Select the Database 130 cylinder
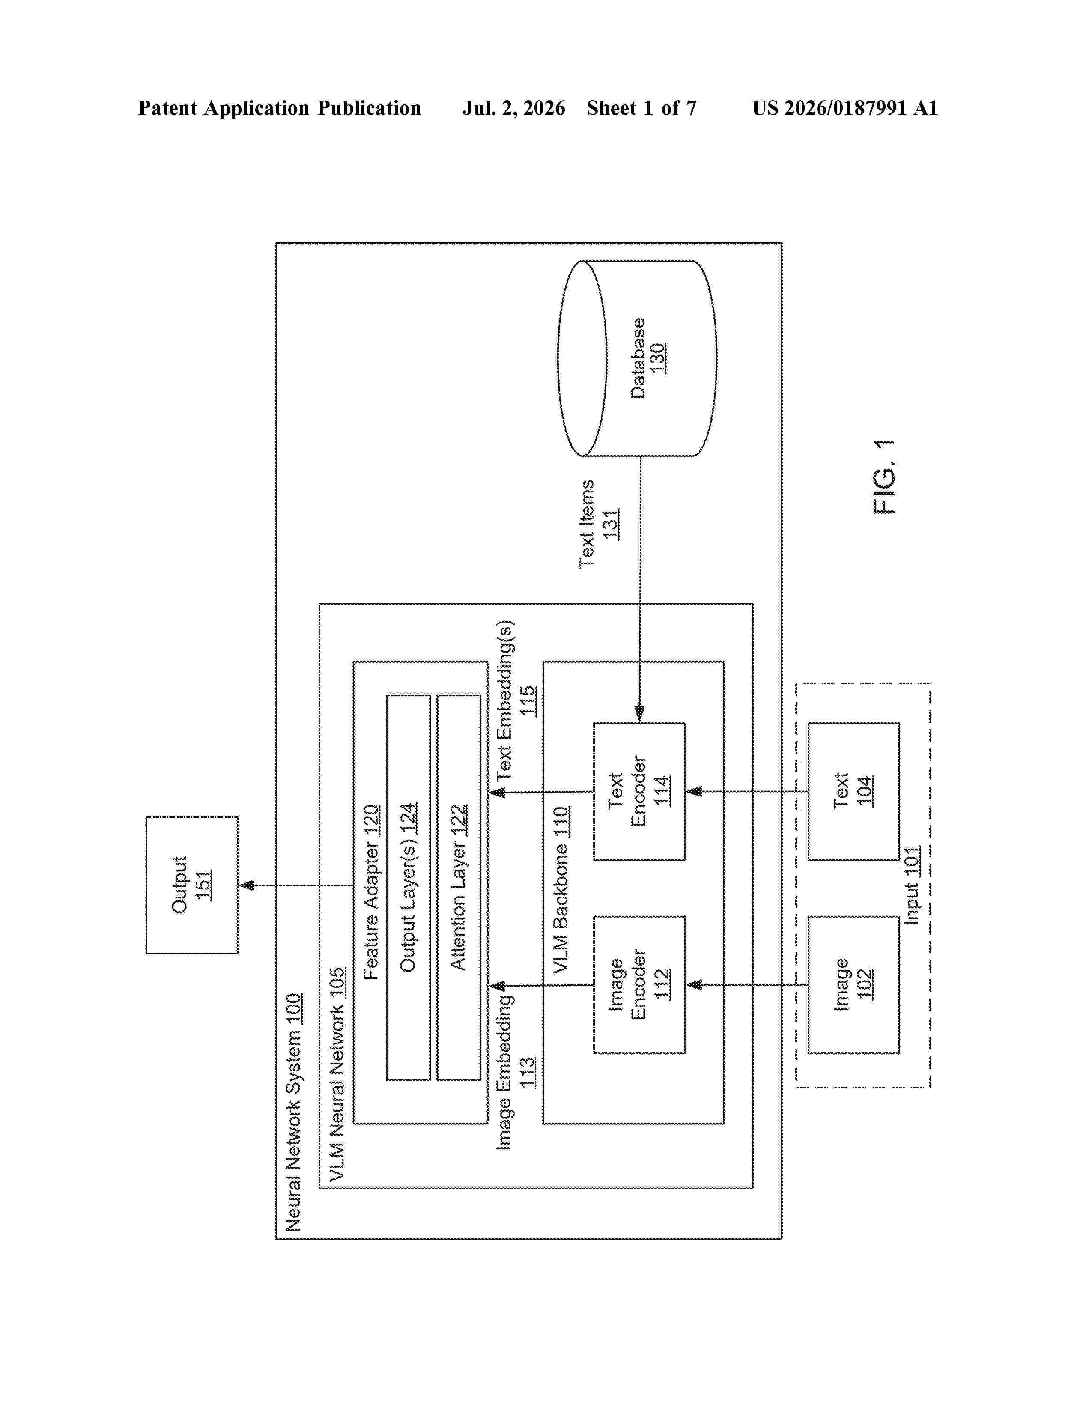pyautogui.click(x=637, y=358)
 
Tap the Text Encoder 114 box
pyautogui.click(x=639, y=791)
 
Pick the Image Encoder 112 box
pyautogui.click(x=639, y=985)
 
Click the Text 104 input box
pyautogui.click(x=853, y=791)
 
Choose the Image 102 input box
pyautogui.click(x=853, y=985)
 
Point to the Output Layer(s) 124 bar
pyautogui.click(x=408, y=888)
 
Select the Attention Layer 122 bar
pyautogui.click(x=459, y=888)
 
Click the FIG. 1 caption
pyautogui.click(x=884, y=477)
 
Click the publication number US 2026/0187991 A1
pyautogui.click(x=845, y=108)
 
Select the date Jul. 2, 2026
pyautogui.click(x=513, y=108)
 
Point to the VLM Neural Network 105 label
pyautogui.click(x=337, y=1074)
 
